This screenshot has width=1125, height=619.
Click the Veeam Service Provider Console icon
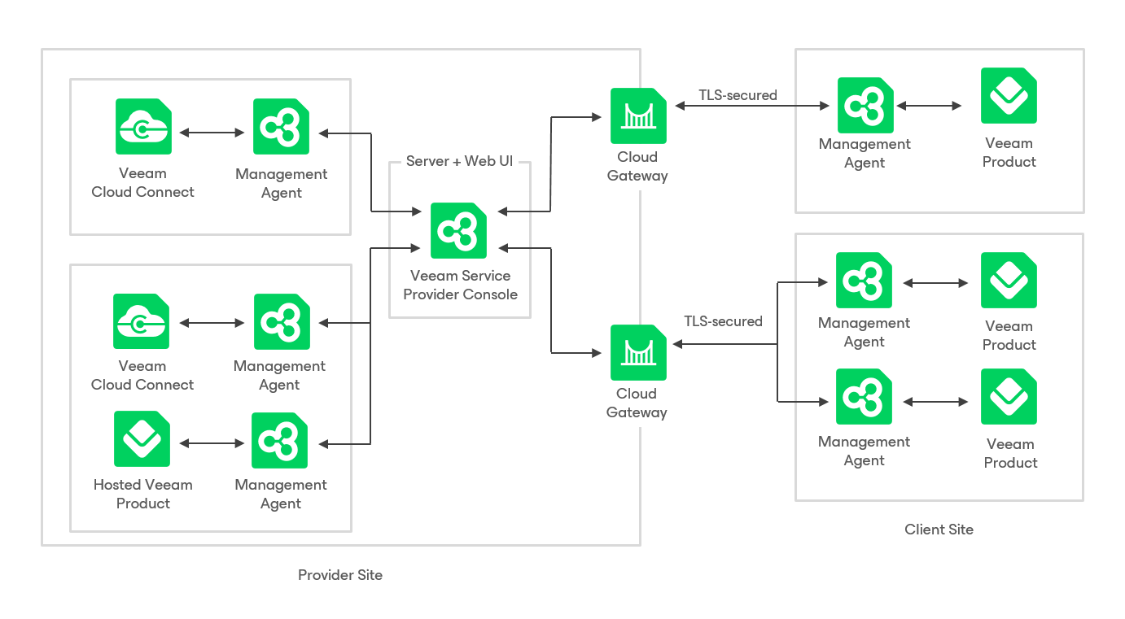[458, 230]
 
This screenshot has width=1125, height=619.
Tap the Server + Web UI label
[459, 161]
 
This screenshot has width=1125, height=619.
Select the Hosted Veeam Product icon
[142, 438]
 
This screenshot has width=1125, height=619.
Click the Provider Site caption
[340, 575]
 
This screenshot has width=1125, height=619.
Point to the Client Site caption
[939, 530]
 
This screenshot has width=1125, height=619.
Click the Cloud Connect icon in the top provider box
[143, 126]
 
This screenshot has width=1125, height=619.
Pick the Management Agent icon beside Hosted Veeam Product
[279, 440]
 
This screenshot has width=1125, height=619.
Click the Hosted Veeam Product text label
[143, 494]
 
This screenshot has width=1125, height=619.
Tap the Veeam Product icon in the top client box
[1009, 95]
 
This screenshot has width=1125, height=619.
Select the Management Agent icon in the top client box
[865, 105]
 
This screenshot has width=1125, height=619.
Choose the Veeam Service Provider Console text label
[461, 285]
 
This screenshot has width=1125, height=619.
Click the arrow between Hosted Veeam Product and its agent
[212, 443]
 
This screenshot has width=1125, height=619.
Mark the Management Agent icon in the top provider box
[281, 126]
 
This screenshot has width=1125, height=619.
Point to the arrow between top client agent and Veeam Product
[929, 106]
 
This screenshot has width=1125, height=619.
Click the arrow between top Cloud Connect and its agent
[212, 133]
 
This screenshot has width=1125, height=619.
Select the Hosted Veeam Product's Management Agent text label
[281, 494]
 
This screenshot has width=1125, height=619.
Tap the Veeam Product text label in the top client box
[1009, 152]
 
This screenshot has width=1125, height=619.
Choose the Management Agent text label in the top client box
[865, 153]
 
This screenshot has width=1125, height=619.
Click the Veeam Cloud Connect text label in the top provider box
[143, 182]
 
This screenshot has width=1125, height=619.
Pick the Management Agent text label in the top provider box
[282, 183]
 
